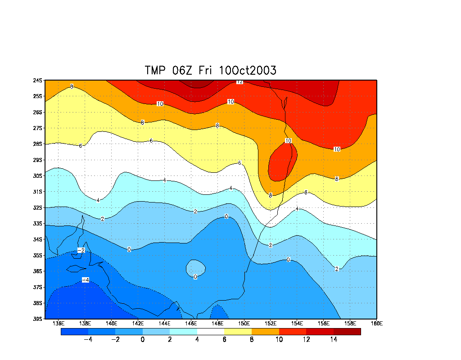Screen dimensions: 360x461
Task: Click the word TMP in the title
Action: tap(155, 71)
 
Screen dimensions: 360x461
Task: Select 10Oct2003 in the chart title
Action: tap(248, 71)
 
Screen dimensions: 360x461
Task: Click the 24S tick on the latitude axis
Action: tap(37, 81)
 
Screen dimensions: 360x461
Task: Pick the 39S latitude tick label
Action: tap(37, 319)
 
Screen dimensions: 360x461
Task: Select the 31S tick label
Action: tap(37, 192)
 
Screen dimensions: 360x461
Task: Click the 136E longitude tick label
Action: tap(59, 324)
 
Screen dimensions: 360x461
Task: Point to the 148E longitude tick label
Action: tap(217, 324)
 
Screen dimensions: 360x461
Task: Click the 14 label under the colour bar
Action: tap(334, 340)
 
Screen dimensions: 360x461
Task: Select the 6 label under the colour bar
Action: tap(224, 340)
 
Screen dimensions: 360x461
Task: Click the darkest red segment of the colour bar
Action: tap(347, 332)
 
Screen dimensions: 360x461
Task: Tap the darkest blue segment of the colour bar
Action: tap(74, 332)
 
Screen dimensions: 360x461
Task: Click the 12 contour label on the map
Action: tap(240, 81)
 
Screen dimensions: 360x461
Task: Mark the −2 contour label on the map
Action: tap(81, 250)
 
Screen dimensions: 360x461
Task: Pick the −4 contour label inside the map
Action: tap(85, 280)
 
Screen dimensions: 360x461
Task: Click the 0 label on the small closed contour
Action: tap(195, 277)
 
